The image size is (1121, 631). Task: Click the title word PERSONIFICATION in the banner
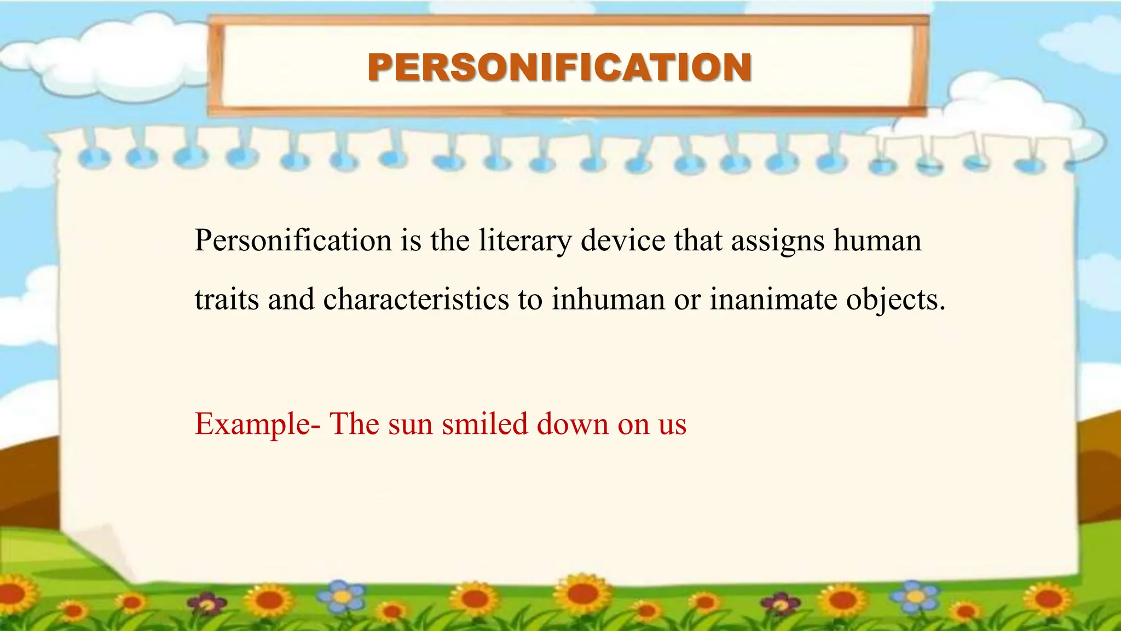point(559,67)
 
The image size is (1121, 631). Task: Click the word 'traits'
point(227,300)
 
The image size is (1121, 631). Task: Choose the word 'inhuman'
point(608,300)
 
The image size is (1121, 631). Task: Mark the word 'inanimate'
point(773,300)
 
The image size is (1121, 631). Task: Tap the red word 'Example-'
point(257,425)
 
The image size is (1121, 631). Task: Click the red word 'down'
point(573,424)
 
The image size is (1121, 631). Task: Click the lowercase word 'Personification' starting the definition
point(293,241)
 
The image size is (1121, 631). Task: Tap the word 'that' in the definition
point(698,241)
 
